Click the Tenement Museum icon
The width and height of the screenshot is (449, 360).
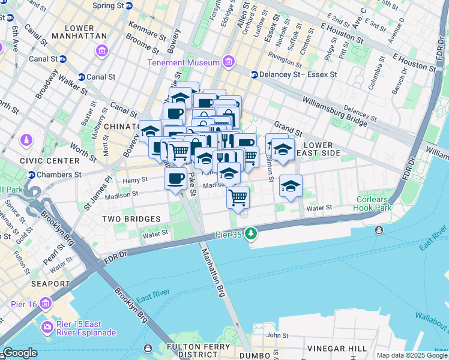click(228, 62)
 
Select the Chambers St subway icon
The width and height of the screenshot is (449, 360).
click(31, 175)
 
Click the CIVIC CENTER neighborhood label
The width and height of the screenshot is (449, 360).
click(49, 161)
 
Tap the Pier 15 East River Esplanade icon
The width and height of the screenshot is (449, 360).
click(46, 328)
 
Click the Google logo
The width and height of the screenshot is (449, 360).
click(20, 353)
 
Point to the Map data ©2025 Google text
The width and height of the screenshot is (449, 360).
click(412, 355)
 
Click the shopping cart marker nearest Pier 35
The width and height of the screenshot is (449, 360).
click(238, 197)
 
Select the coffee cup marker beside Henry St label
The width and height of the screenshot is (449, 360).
click(176, 179)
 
